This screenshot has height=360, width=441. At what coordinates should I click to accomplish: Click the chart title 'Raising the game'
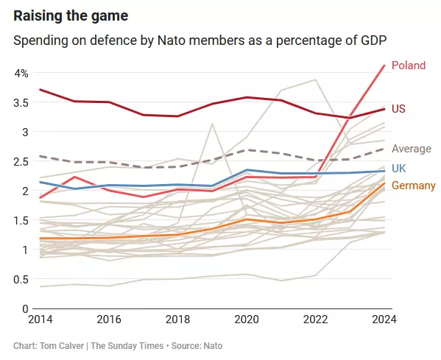click(x=71, y=16)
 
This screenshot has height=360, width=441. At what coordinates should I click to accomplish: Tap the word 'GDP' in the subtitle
click(x=373, y=40)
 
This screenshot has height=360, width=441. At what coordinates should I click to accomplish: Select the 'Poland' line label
click(x=409, y=66)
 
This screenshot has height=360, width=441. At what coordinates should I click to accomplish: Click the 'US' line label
click(x=398, y=108)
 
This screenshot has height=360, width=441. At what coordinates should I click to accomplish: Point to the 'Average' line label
click(x=412, y=149)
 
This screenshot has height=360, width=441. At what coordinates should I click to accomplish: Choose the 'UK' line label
click(x=399, y=169)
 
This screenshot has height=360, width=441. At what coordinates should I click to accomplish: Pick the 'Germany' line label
click(x=414, y=186)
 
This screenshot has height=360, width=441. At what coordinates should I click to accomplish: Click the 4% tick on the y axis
click(x=21, y=74)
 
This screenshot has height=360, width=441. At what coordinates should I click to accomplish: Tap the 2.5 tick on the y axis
click(x=21, y=162)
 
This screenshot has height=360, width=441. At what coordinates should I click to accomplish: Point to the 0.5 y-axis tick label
click(x=21, y=279)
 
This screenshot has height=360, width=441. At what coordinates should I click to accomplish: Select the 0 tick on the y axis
click(x=25, y=308)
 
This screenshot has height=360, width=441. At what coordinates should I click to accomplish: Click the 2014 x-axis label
click(x=40, y=320)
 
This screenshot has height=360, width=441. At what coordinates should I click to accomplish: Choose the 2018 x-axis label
click(x=177, y=320)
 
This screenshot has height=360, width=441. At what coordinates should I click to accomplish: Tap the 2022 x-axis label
click(x=316, y=320)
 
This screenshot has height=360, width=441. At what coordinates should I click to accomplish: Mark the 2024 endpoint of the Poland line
click(x=384, y=66)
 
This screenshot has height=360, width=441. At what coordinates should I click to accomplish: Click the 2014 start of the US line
click(x=40, y=89)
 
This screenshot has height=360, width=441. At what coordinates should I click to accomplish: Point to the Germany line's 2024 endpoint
click(x=384, y=183)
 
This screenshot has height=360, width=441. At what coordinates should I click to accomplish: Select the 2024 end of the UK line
click(x=384, y=171)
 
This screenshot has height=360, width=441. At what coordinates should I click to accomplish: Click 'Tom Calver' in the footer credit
click(x=62, y=346)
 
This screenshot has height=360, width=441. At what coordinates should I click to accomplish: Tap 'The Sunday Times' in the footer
click(x=127, y=346)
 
